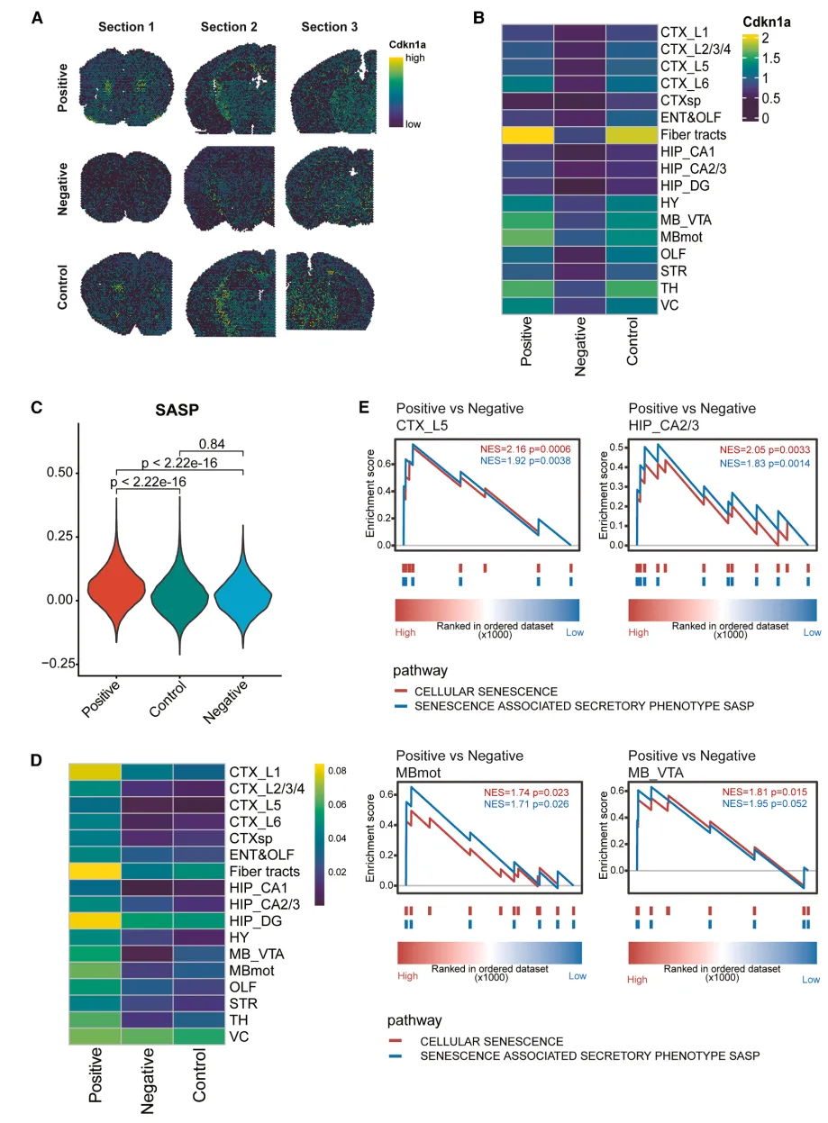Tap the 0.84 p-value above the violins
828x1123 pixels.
[x=212, y=443]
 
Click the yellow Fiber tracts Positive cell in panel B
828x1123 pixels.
[x=527, y=134]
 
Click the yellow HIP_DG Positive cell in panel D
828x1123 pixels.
[x=94, y=921]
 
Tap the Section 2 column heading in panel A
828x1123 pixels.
[x=229, y=27]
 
